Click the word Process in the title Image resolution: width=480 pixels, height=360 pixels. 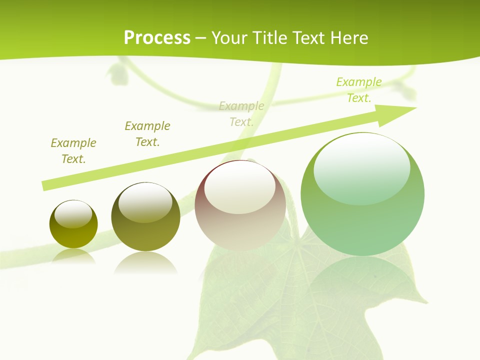tap(157, 38)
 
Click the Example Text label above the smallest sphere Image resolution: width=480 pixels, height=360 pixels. tap(73, 151)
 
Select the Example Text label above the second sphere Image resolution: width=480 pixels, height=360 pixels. tap(147, 134)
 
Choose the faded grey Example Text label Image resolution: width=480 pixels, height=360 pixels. tap(241, 114)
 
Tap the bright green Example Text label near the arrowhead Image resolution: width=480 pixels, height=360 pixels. tap(359, 90)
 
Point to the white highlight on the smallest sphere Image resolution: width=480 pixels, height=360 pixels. tap(73, 214)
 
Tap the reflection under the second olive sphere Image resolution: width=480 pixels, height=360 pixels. tap(145, 262)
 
